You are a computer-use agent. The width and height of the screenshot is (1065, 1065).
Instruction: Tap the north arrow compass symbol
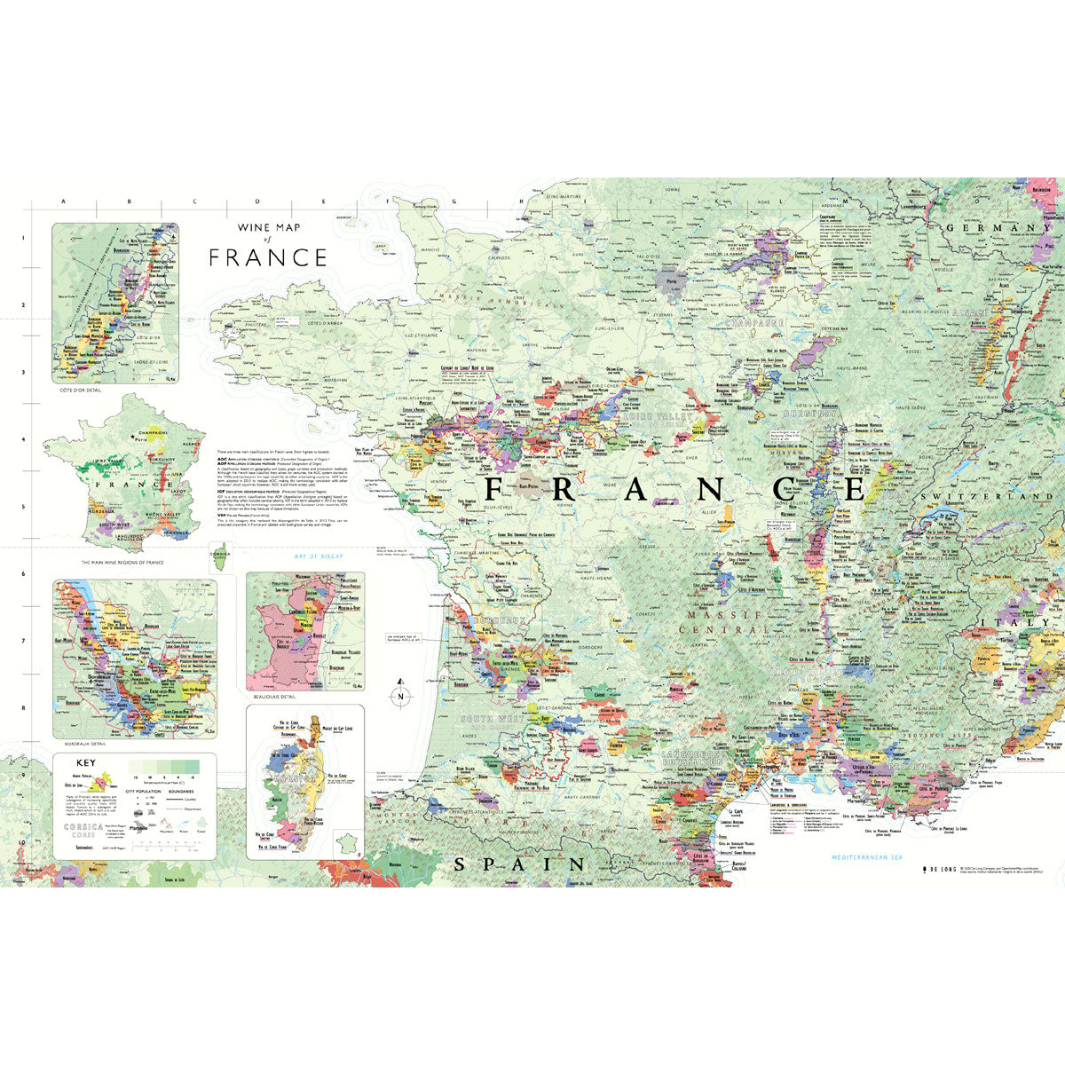tap(400, 694)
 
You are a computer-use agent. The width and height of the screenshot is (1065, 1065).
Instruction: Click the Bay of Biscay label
tap(318, 556)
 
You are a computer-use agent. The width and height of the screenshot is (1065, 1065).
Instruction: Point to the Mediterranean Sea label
tap(865, 857)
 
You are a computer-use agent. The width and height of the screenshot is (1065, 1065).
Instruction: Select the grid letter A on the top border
tap(63, 202)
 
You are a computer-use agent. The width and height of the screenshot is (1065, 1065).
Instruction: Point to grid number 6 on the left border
tap(23, 574)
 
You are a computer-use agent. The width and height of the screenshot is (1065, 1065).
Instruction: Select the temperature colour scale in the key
tap(163, 766)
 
